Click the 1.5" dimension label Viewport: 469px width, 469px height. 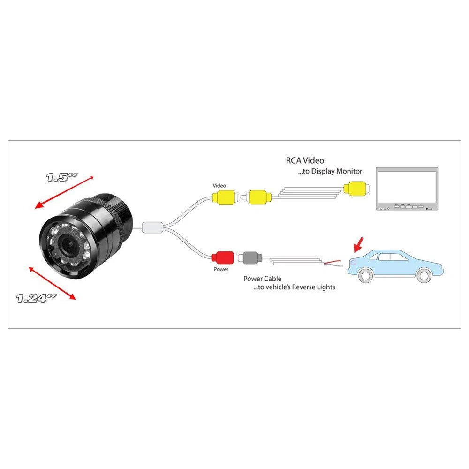tap(61, 177)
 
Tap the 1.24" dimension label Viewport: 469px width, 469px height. tap(36, 298)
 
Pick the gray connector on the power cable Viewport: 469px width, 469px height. tap(250, 258)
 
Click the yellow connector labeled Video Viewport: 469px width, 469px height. tap(225, 197)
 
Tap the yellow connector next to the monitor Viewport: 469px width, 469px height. tap(356, 189)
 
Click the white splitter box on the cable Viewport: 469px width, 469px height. tap(152, 227)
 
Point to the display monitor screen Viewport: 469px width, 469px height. tap(407, 186)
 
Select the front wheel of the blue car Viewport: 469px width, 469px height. tap(424, 275)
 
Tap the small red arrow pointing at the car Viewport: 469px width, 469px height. tap(358, 245)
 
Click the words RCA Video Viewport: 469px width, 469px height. tap(305, 160)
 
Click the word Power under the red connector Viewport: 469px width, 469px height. tap(221, 269)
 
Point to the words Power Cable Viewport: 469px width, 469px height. tap(262, 279)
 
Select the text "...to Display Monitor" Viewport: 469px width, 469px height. tap(330, 171)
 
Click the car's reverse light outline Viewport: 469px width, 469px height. tap(353, 262)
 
